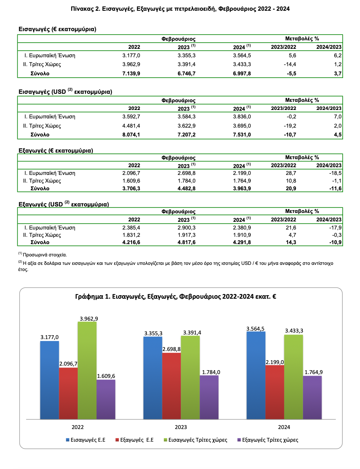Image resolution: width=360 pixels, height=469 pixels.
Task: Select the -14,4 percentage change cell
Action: click(289, 64)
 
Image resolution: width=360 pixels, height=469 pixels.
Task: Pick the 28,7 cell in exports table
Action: click(291, 173)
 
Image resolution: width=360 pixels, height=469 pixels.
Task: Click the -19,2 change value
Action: click(289, 126)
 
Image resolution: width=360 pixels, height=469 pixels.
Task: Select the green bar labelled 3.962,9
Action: click(87, 369)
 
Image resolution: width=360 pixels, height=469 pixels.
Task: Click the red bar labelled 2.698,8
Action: click(172, 384)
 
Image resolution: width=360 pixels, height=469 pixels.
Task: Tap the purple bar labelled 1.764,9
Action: click(312, 397)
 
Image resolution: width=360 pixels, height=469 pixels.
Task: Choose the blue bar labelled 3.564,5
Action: click(256, 375)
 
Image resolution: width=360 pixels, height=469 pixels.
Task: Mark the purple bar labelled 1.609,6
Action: click(106, 399)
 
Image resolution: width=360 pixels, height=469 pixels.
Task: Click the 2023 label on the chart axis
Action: click(181, 427)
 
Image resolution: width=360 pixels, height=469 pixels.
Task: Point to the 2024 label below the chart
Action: click(284, 427)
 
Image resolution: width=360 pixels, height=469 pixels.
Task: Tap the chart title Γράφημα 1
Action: click(181, 297)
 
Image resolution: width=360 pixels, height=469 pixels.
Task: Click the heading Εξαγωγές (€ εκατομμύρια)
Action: click(56, 151)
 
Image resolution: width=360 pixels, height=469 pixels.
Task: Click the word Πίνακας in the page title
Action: click(81, 8)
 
